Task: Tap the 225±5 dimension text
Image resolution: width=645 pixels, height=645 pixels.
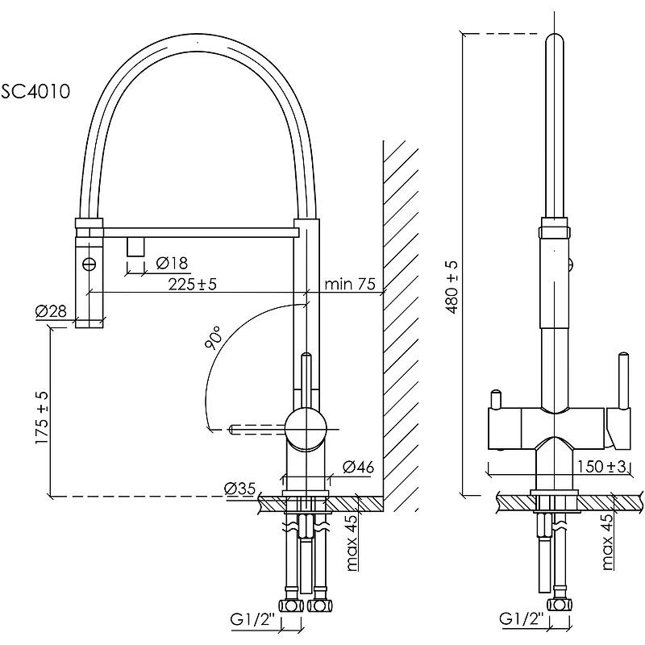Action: (193, 284)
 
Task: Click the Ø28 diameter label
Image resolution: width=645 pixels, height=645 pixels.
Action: (50, 312)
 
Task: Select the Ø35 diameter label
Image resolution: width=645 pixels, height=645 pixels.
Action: (240, 488)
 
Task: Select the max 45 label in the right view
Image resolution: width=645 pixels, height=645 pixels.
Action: (608, 542)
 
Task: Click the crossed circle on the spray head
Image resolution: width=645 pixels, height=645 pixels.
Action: (89, 262)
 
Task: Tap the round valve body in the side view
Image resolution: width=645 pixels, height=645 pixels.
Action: (306, 427)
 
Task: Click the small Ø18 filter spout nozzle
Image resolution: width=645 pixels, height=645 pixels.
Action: (135, 246)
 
